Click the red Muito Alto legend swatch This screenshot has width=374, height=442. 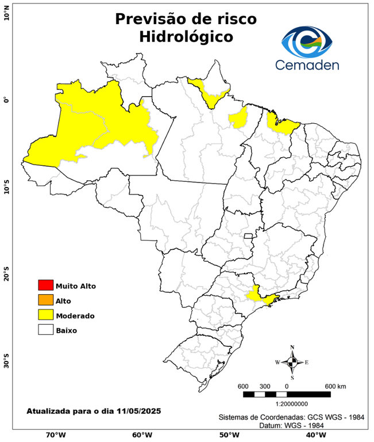point(45,285)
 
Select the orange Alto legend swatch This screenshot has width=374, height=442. point(45,300)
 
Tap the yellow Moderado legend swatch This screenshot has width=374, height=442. point(45,315)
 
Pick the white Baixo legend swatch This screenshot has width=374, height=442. point(45,330)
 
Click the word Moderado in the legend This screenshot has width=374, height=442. point(75,315)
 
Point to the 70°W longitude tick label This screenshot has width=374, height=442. point(56,435)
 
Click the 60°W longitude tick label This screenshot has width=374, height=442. point(142,435)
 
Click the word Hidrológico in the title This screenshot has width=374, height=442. point(186,36)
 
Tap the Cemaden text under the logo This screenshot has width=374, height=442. point(307,64)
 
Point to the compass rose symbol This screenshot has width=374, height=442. point(292,362)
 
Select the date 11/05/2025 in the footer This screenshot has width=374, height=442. point(138,411)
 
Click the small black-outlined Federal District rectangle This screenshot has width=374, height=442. point(249,236)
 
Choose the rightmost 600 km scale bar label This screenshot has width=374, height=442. point(335,386)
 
